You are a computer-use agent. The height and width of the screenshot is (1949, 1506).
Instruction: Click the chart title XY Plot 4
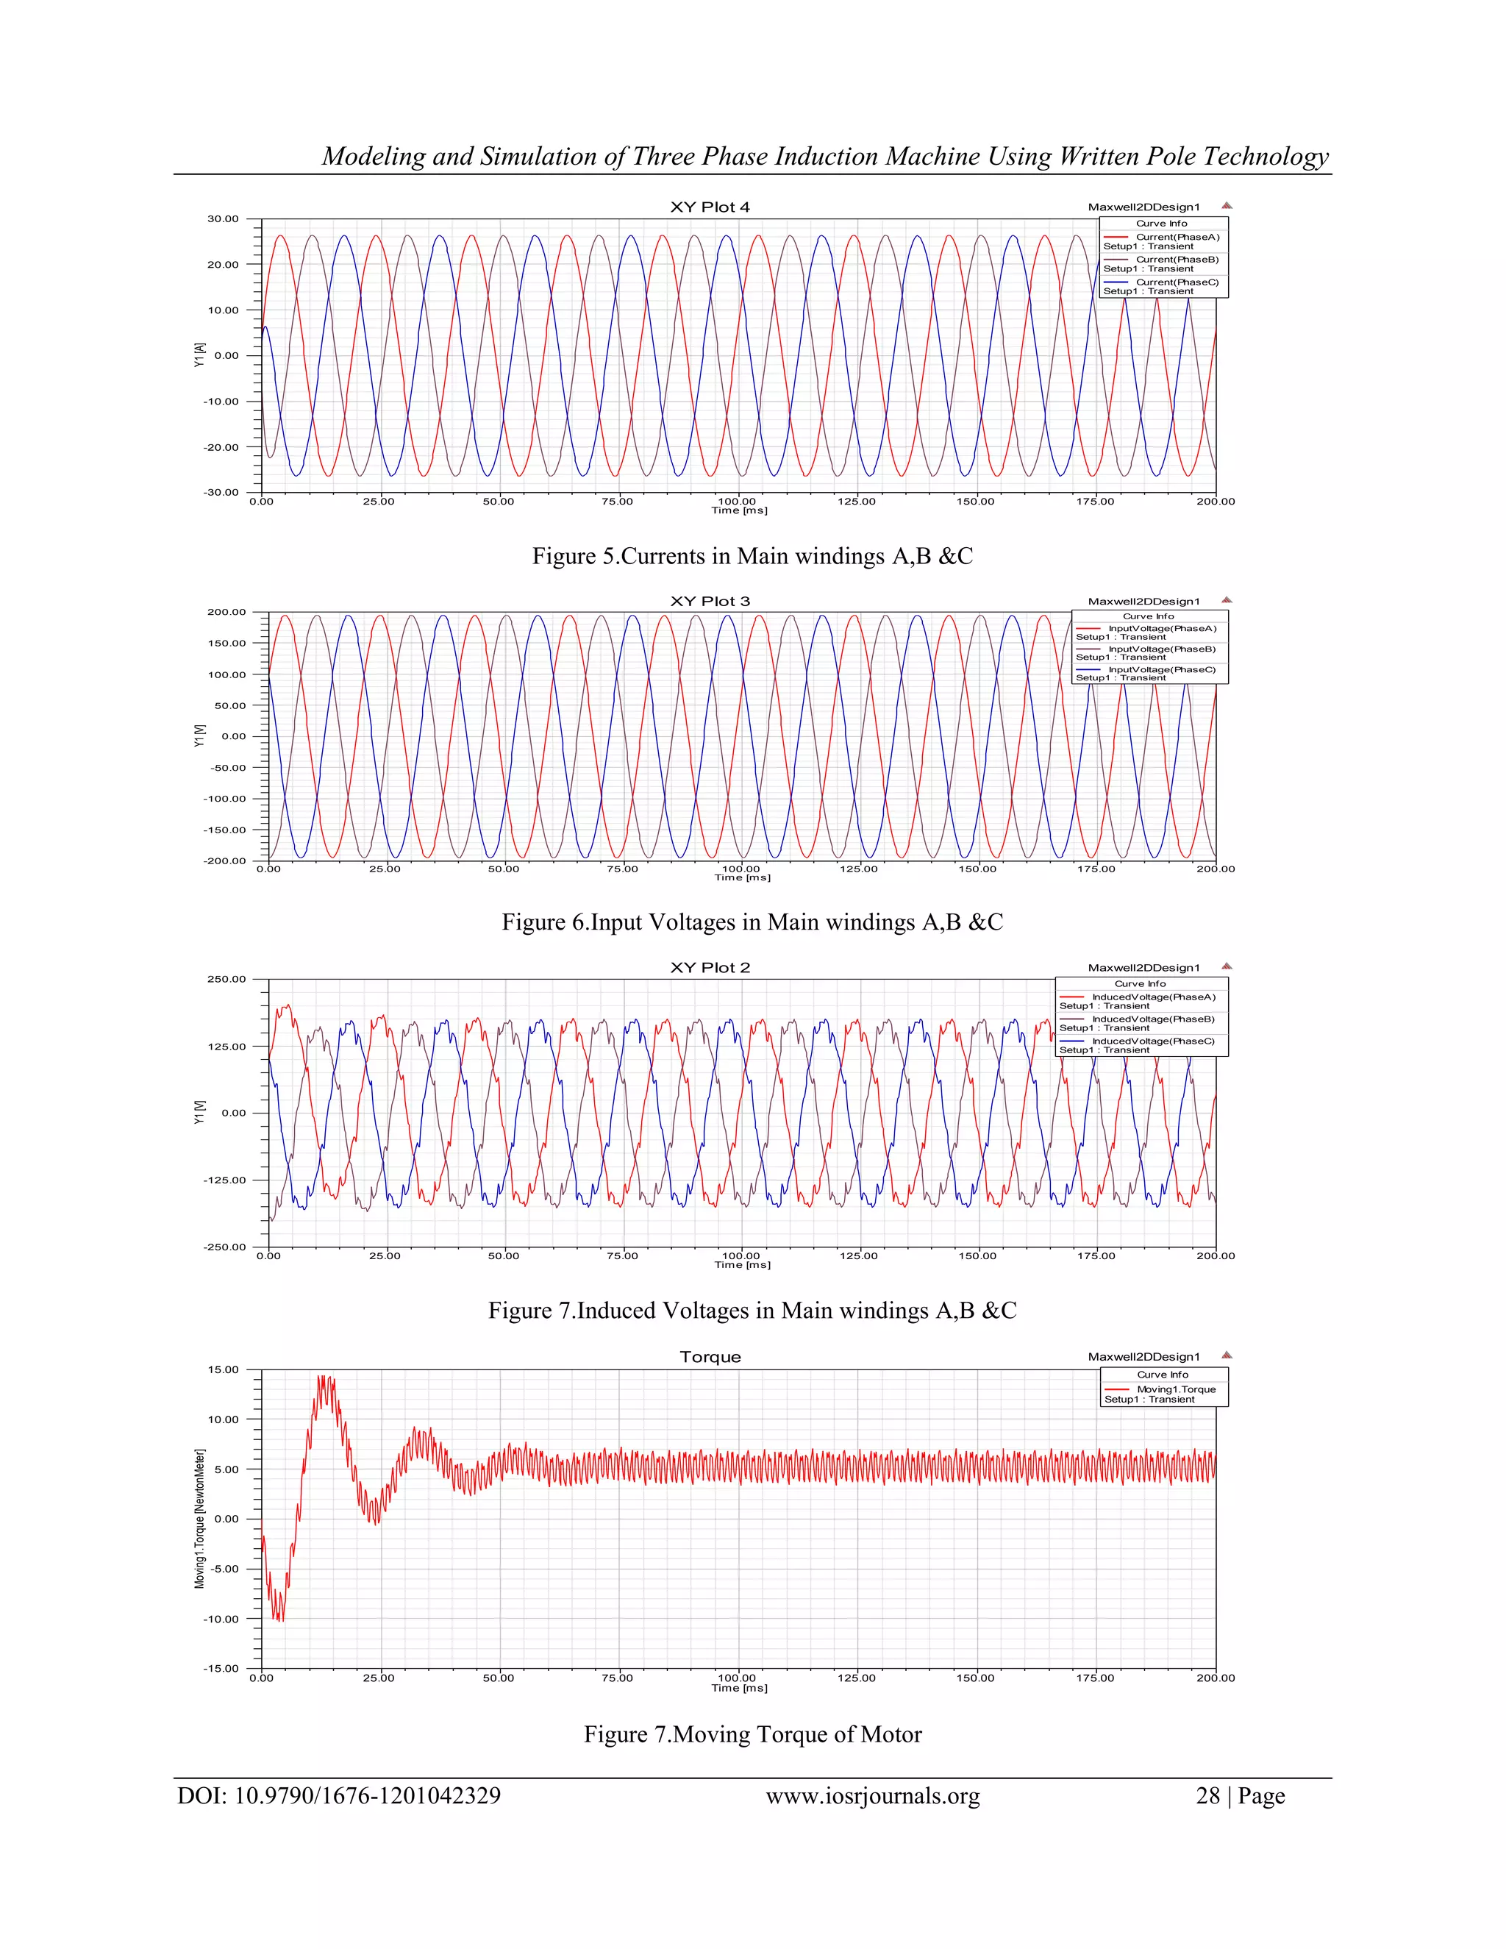pyautogui.click(x=710, y=207)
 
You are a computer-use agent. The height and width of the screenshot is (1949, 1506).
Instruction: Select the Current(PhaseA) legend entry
pyautogui.click(x=1177, y=238)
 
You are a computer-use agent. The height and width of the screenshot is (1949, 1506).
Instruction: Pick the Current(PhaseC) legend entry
pyautogui.click(x=1177, y=282)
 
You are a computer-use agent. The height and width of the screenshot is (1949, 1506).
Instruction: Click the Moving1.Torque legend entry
pyautogui.click(x=1176, y=1389)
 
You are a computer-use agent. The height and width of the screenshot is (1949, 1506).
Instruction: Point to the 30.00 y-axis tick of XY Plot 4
pyautogui.click(x=223, y=218)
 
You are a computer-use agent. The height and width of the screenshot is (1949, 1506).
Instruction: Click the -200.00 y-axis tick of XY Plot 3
pyautogui.click(x=226, y=861)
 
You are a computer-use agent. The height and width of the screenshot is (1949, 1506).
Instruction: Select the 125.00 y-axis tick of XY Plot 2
pyautogui.click(x=226, y=1046)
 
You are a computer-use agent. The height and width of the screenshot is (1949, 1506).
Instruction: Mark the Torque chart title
pyautogui.click(x=710, y=1356)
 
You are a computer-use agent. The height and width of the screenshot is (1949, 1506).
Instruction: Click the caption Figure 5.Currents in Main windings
pyautogui.click(x=752, y=556)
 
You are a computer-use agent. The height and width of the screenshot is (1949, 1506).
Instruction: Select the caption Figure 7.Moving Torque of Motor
pyautogui.click(x=752, y=1734)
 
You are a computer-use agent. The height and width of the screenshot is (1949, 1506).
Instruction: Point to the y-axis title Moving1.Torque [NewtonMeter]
pyautogui.click(x=200, y=1519)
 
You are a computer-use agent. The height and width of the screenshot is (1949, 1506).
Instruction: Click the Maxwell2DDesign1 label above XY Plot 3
pyautogui.click(x=1143, y=602)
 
